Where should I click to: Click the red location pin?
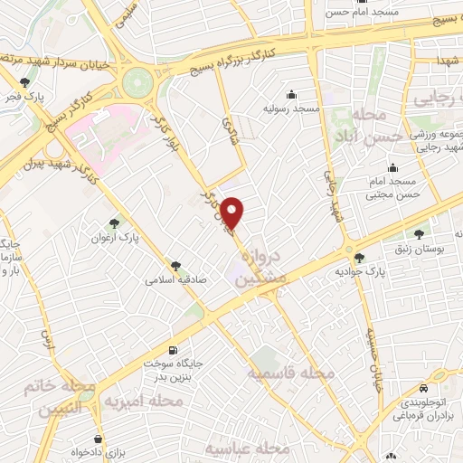pyautogui.click(x=232, y=213)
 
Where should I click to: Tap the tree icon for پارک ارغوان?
pyautogui.click(x=113, y=222)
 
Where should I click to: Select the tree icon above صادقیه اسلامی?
pyautogui.click(x=175, y=266)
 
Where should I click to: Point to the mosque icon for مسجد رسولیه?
pyautogui.click(x=291, y=94)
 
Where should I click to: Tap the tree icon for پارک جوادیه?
pyautogui.click(x=359, y=257)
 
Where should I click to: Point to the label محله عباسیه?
pyautogui.click(x=246, y=449)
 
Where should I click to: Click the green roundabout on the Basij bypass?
pyautogui.click(x=139, y=81)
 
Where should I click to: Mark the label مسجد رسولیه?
pyautogui.click(x=292, y=109)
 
